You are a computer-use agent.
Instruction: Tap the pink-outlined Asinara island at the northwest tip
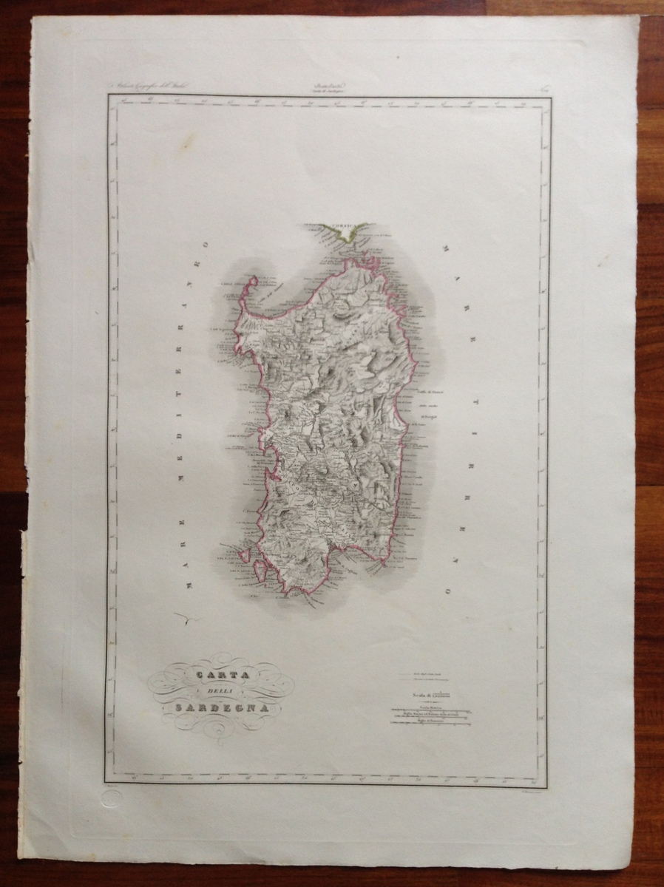pos(252,284)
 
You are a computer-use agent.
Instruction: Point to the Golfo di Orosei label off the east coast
pos(430,392)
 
